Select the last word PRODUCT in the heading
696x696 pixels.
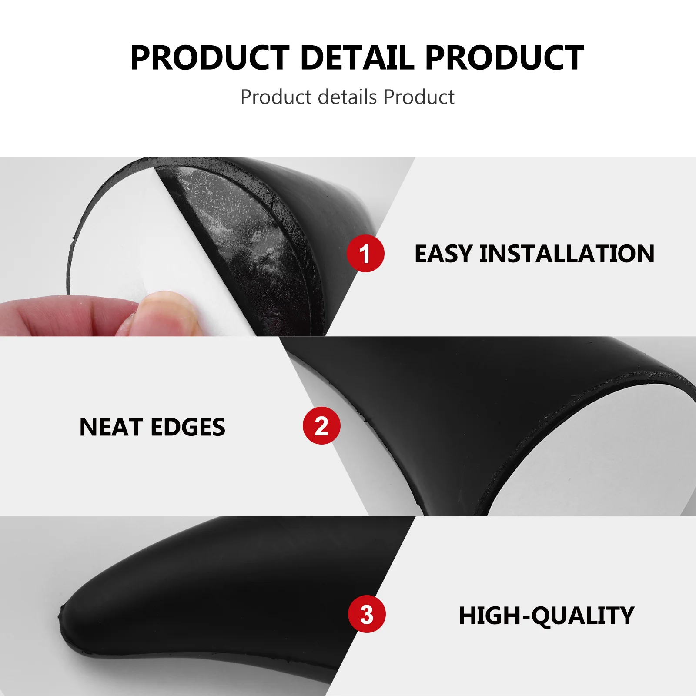coord(505,58)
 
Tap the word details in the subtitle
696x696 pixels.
coord(348,97)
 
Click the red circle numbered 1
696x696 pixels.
coord(365,253)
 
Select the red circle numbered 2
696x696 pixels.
coord(321,425)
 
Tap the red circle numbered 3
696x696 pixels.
coord(367,614)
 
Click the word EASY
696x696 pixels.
coord(443,254)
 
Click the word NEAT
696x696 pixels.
coord(111,427)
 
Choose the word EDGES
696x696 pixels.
coord(188,427)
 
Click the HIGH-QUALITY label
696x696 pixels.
coord(546,616)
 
